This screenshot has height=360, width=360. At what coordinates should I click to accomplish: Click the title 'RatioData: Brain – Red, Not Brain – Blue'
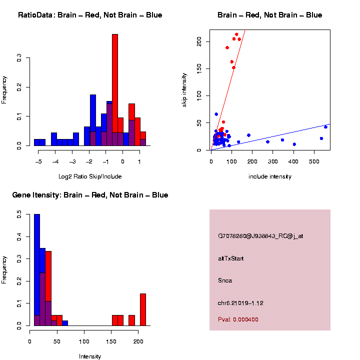click(x=90, y=15)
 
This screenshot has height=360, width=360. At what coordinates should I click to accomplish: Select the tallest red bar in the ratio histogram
click(x=115, y=90)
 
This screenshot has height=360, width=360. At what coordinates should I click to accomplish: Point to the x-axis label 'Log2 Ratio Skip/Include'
click(x=90, y=176)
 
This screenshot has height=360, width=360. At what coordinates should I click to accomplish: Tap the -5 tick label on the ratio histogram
click(x=38, y=161)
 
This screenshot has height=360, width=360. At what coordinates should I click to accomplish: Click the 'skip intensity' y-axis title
click(x=184, y=89)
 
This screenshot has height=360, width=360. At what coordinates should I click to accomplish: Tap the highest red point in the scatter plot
click(x=236, y=34)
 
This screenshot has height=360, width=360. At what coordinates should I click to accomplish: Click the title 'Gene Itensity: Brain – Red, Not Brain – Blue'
click(x=90, y=195)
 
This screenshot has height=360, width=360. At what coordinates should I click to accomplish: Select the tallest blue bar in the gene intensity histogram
click(x=37, y=270)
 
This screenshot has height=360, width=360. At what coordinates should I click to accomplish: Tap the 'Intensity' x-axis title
click(x=90, y=356)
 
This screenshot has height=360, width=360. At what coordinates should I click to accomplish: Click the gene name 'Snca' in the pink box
click(x=225, y=280)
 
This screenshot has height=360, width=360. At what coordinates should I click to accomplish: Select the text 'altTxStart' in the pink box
click(x=231, y=258)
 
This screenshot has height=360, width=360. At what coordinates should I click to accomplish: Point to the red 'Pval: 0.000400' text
click(x=238, y=319)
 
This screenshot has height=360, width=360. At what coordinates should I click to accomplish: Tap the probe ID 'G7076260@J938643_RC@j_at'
click(x=260, y=236)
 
